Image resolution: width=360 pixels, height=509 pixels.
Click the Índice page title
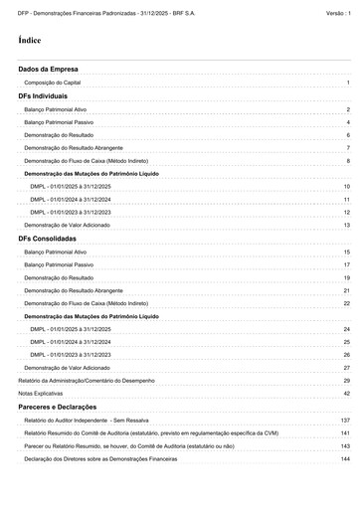pos(30,41)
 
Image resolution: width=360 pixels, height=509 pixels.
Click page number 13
pos(346,226)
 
